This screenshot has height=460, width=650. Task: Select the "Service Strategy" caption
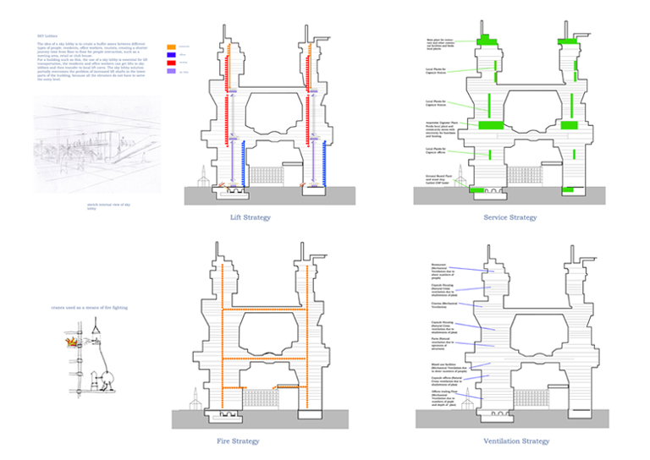[510, 218]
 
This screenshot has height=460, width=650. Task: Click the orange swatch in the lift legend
[172, 47]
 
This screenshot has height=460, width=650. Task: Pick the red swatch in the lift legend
[172, 63]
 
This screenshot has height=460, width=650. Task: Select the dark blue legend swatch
[172, 54]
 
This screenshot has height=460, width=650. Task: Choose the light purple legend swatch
[172, 72]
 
